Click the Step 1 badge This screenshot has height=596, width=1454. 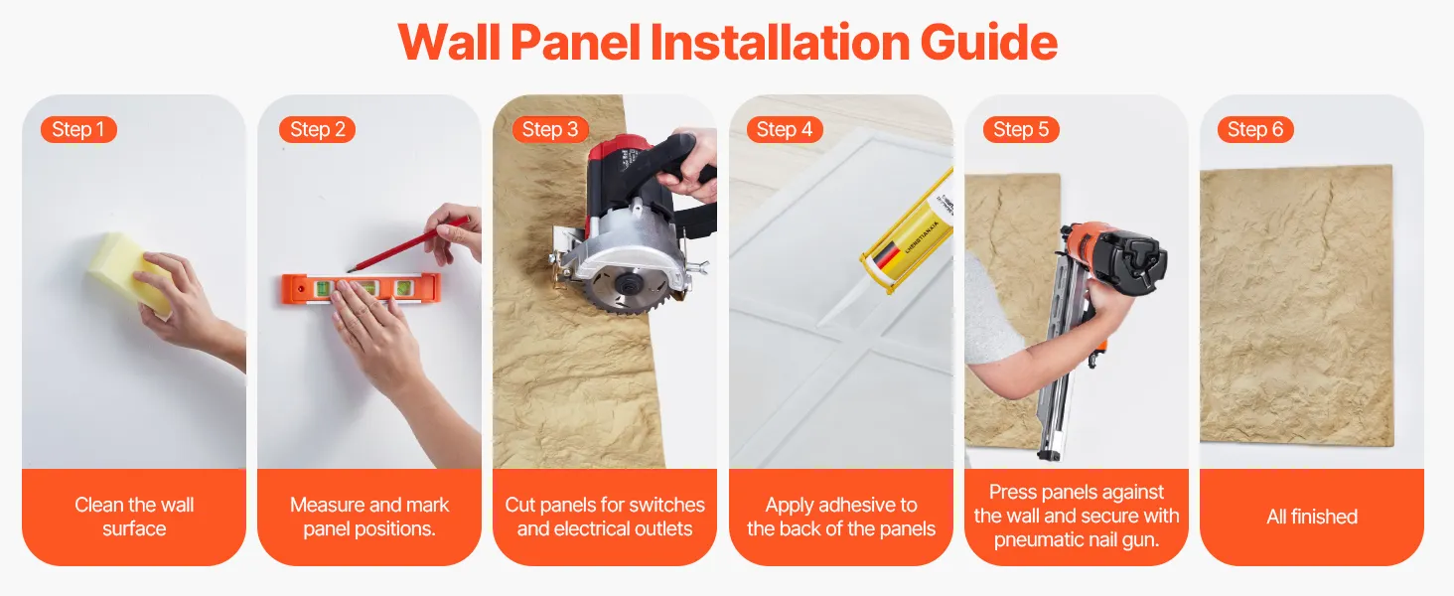click(x=78, y=129)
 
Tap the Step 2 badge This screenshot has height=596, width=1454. click(x=318, y=129)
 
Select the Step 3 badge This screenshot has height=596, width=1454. click(x=550, y=129)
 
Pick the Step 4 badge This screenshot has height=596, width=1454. click(x=785, y=129)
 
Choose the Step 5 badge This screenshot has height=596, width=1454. click(x=1021, y=129)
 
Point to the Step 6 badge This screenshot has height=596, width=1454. click(x=1255, y=129)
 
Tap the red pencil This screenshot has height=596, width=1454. click(x=409, y=244)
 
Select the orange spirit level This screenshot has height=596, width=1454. click(x=362, y=289)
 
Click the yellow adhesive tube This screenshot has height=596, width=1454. click(x=909, y=240)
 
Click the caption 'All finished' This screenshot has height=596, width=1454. click(x=1312, y=517)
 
